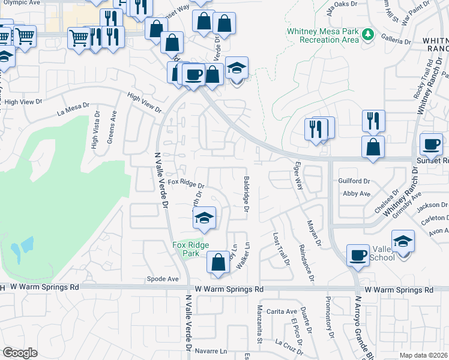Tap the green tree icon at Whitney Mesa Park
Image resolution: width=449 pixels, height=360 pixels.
coord(368,36)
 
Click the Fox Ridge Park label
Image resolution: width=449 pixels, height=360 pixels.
coord(190,249)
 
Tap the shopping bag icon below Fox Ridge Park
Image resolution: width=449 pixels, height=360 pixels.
coord(218,262)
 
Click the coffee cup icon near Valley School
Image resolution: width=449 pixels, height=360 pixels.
coord(358,255)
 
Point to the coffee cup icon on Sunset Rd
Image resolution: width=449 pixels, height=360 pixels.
coord(431,143)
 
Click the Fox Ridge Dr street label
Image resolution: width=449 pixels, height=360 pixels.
coord(186,183)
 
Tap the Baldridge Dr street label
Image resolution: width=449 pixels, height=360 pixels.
coord(246,194)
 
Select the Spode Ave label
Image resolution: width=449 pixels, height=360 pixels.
coord(163,279)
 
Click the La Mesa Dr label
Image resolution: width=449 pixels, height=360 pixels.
coord(73,109)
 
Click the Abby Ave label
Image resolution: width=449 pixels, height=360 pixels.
coord(357,194)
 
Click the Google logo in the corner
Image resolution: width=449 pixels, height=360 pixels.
coord(20,353)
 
